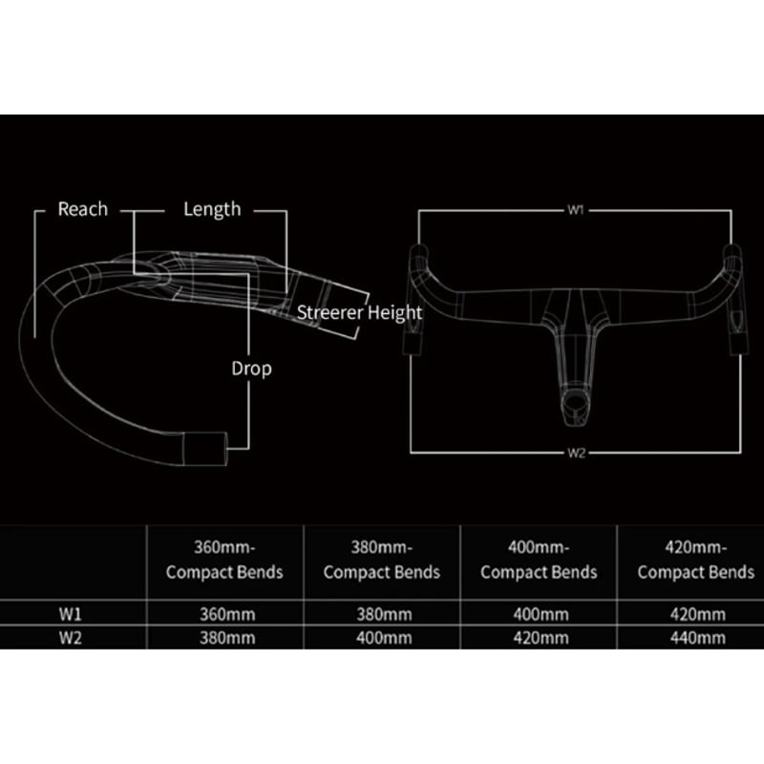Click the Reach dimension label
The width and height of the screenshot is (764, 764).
coord(83,209)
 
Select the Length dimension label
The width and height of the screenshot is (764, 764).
coord(212,209)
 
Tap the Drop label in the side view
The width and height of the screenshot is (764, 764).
coord(251,368)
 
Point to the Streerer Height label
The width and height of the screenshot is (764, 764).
coord(358,312)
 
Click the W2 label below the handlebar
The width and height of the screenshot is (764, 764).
coord(575,453)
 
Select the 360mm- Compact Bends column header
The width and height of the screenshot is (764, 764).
coord(224,561)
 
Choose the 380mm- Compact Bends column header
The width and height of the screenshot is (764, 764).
coord(381,561)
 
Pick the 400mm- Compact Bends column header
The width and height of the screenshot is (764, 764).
coord(539,561)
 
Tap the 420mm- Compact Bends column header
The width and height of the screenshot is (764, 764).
coord(695,561)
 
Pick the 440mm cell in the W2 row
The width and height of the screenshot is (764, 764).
coord(695,637)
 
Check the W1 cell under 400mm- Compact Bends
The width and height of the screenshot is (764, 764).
coord(539,613)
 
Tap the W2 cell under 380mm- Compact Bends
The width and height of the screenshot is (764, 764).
coord(381,637)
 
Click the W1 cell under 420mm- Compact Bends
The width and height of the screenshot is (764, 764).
coord(695,613)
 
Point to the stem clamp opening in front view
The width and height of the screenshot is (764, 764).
coord(575,405)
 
